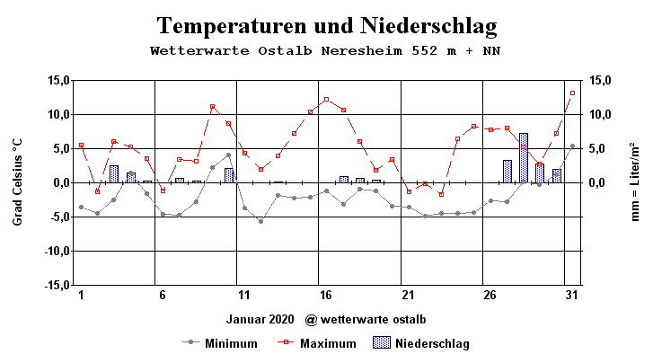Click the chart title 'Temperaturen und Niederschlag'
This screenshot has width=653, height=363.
326,24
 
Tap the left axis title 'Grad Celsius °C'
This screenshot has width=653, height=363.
17,182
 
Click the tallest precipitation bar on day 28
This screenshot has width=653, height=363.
523,158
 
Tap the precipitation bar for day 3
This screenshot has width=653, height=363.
114,174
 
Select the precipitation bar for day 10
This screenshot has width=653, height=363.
228,175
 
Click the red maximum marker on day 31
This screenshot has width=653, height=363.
572,93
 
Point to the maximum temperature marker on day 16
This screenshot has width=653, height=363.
326,100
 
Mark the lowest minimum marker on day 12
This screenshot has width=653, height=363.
260,221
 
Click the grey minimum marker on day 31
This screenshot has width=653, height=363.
572,146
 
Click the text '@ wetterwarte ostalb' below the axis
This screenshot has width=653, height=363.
365,319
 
